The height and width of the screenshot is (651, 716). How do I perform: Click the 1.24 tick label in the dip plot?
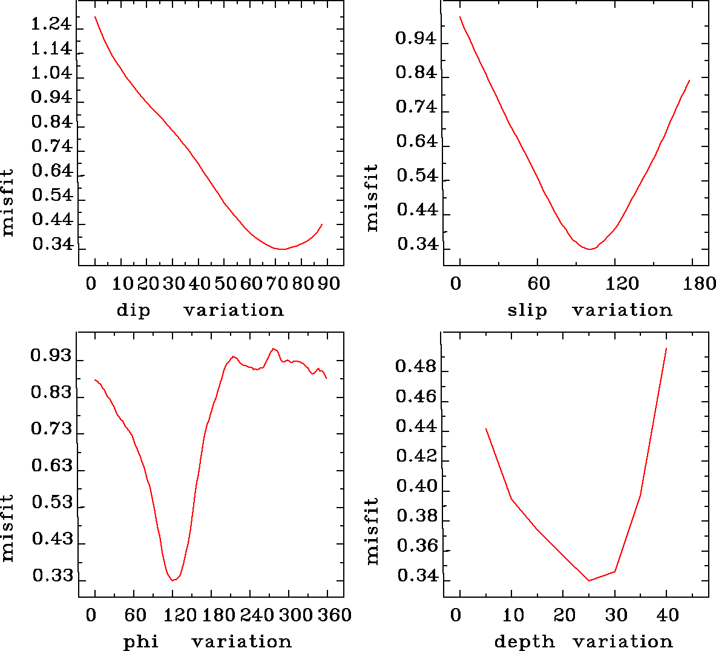51,25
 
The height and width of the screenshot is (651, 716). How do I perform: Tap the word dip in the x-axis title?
133,310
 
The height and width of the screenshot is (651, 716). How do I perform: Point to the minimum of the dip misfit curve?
281,249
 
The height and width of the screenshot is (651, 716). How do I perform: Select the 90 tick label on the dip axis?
329,283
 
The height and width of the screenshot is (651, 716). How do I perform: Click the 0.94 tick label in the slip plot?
415,39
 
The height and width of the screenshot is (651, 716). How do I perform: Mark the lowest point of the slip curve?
589,249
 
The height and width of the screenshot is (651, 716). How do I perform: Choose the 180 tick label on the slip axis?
701,283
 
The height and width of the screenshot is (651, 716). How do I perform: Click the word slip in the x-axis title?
527,310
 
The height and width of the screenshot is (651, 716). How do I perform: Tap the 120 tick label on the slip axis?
622,283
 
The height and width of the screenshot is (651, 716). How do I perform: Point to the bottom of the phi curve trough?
172,580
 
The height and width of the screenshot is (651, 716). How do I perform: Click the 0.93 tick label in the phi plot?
51,356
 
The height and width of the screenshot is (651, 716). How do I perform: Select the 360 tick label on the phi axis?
335,615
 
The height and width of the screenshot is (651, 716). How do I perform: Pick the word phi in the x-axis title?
140,641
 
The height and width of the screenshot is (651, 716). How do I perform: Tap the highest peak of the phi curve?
274,348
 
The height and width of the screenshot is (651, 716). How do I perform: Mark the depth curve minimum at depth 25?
589,581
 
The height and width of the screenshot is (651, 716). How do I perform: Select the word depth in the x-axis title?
524,641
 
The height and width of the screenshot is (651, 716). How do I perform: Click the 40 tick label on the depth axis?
668,615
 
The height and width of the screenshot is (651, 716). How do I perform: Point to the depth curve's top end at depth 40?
666,348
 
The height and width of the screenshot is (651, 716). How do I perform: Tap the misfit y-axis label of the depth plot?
372,531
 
